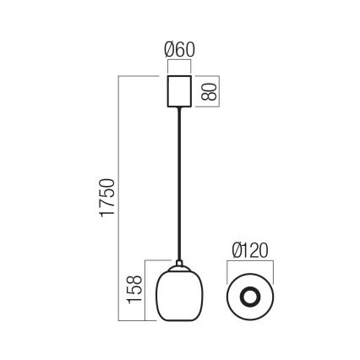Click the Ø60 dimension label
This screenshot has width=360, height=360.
click(179, 49)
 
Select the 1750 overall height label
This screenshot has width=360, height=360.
click(107, 199)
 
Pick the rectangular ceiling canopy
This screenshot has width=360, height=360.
click(179, 91)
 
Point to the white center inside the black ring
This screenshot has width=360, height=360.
click(250, 297)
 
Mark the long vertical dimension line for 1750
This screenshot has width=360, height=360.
click(121, 199)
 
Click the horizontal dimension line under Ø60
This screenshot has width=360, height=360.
click(179, 63)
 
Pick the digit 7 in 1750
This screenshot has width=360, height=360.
click(107, 207)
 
